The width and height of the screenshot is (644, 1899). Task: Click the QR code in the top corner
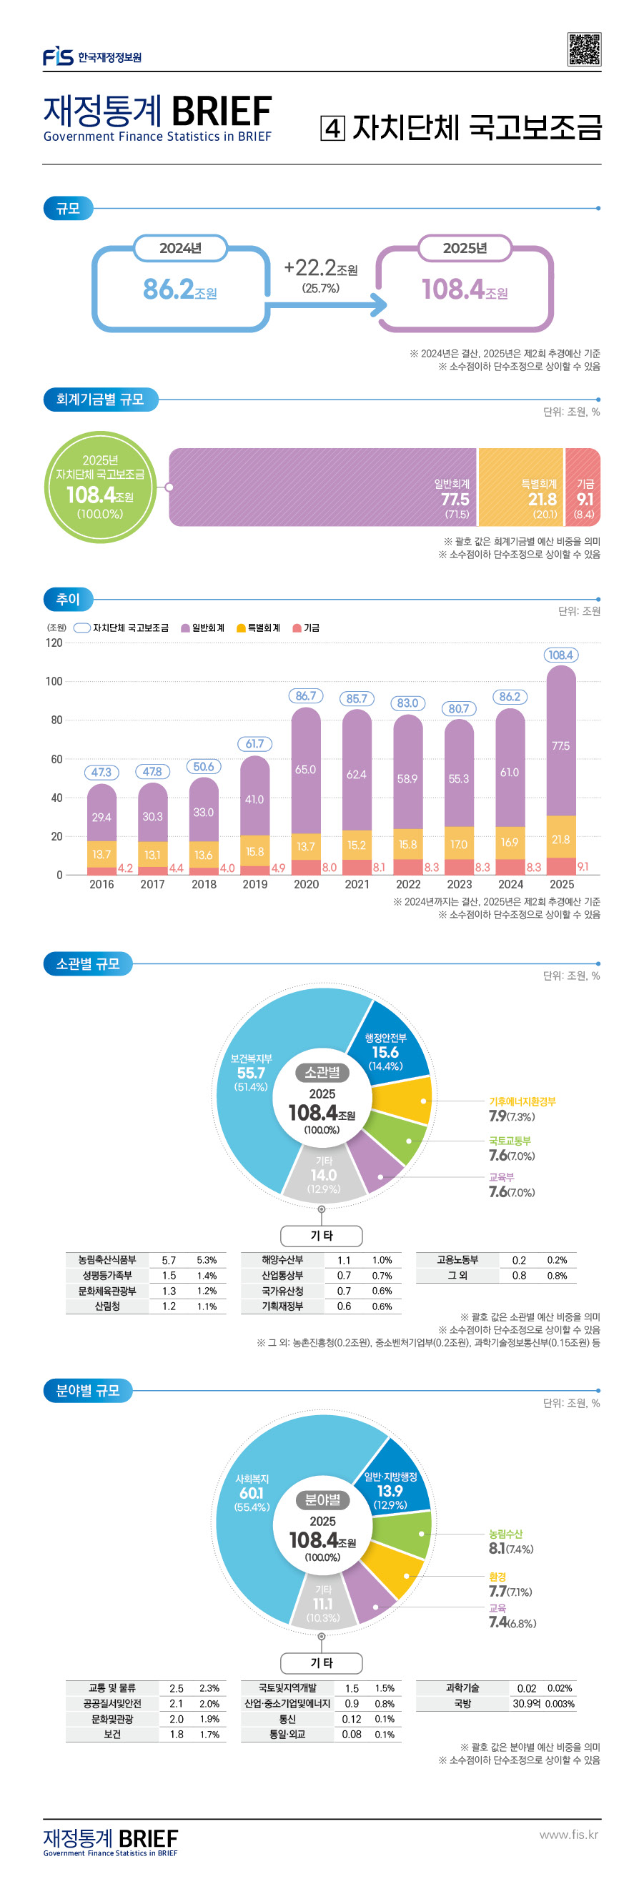point(583,49)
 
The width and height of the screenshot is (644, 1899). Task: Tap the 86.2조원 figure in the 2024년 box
point(179,289)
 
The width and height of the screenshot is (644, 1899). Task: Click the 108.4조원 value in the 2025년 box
point(464,289)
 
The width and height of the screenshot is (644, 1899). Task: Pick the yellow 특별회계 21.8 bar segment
point(520,487)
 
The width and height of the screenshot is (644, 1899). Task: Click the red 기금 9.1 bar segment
point(583,487)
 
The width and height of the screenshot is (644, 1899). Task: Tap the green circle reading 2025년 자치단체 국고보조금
point(100,487)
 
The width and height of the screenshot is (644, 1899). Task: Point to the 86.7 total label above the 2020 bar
point(306,696)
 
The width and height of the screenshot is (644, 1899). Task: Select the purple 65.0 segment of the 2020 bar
point(306,770)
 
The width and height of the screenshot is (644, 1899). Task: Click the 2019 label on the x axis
point(255,885)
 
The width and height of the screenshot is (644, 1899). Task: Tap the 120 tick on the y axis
point(54,643)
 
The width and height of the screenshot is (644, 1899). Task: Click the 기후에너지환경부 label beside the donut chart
point(522,1101)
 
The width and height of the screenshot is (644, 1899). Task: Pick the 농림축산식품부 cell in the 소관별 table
point(108,1260)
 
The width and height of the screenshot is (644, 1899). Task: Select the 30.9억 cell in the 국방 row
point(526,1704)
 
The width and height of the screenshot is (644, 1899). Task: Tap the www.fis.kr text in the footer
point(568,1834)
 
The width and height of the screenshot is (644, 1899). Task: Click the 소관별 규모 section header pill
point(88,963)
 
